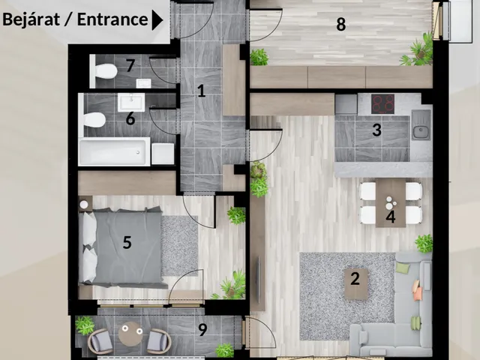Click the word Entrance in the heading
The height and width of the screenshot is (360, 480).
(x=112, y=19)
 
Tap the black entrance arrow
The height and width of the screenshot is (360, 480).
(x=157, y=20)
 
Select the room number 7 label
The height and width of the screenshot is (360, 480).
(x=130, y=65)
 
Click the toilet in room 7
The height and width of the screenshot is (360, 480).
(x=103, y=71)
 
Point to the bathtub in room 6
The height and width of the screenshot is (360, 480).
(x=115, y=151)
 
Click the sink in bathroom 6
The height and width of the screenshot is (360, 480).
(x=131, y=103)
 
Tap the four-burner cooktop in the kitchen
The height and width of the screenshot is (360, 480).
(x=382, y=104)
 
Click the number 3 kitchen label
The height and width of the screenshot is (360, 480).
(x=376, y=130)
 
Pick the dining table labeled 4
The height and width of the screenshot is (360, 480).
(x=391, y=202)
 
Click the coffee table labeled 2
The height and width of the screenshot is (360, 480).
(x=355, y=284)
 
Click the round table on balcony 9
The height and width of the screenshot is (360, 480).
(x=130, y=334)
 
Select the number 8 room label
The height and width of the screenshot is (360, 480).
(x=341, y=24)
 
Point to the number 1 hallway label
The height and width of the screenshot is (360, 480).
(x=201, y=91)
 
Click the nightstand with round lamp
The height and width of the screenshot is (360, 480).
(x=85, y=203)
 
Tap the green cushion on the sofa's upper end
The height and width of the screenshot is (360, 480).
(x=403, y=268)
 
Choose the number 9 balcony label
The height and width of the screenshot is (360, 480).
(x=202, y=329)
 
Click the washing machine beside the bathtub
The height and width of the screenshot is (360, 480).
(x=163, y=154)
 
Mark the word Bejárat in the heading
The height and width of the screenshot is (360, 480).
(x=31, y=19)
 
